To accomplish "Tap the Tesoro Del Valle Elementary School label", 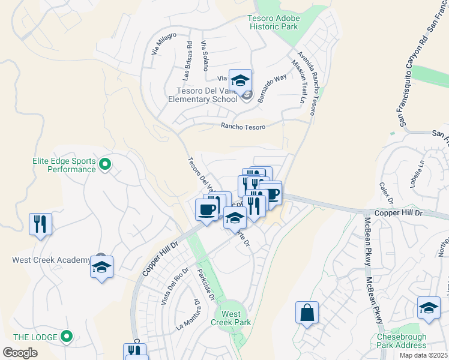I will coord(203,95).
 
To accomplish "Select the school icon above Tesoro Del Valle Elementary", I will coord(240,80).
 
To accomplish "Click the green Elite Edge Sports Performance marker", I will coord(105,163).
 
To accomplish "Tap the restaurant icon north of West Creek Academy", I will coord(40,224).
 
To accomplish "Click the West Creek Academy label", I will coord(51,260).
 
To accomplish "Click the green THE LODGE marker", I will coord(67,336).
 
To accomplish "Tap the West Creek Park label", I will coord(231,318).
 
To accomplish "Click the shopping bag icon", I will coord(307,313).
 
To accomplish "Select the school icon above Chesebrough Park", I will coord(428,308).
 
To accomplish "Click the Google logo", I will coord(20,353).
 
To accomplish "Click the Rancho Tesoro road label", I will coord(243,126).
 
